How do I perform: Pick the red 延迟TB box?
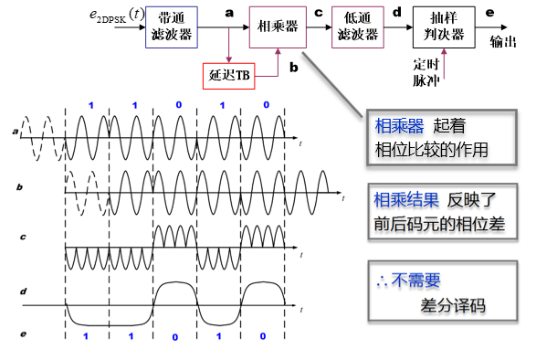229,74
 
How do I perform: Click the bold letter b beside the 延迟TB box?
292,66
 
